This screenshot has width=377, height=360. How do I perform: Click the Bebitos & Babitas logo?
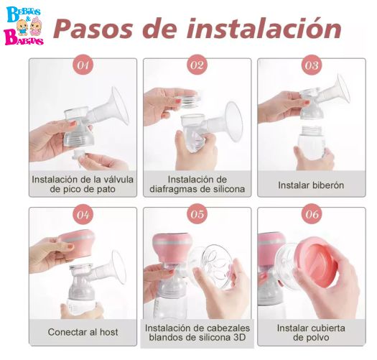[x=24, y=26]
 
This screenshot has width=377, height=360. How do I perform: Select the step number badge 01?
[x=83, y=65]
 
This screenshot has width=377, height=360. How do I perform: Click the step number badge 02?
[x=197, y=65]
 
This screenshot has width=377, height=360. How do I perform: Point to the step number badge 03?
[x=312, y=65]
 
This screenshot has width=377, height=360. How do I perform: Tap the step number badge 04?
[x=83, y=214]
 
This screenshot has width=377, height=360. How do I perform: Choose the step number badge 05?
[x=197, y=214]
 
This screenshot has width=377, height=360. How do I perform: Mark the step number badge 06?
[x=312, y=214]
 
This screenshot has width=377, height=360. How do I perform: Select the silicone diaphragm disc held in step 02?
[x=188, y=101]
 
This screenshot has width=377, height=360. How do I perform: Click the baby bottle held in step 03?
[x=312, y=142]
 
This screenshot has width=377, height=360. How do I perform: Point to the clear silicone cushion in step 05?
[x=212, y=267]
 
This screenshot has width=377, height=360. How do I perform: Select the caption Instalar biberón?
[x=311, y=185]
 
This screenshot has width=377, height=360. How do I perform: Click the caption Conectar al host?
[x=83, y=332]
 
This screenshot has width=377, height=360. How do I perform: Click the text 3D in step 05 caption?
[x=239, y=338]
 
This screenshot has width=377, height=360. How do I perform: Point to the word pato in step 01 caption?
[x=106, y=190]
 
